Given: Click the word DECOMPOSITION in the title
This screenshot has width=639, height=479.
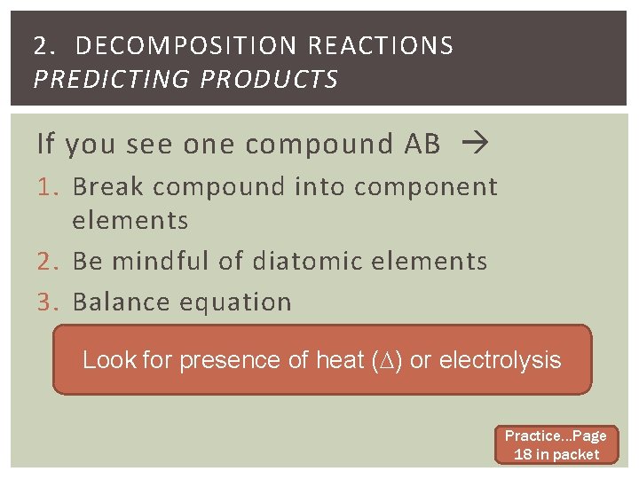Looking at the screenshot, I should click(182, 46).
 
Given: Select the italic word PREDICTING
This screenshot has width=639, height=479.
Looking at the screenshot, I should click(113, 80).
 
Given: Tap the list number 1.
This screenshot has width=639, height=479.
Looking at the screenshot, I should click(48, 187).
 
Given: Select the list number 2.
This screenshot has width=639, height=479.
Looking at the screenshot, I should click(48, 262).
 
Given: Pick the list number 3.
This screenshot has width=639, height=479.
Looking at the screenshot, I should click(48, 302).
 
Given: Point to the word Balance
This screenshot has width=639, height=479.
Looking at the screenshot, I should click(121, 302).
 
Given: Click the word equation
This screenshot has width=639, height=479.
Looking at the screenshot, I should click(235, 302).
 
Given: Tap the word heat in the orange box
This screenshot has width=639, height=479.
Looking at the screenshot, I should click(340, 360).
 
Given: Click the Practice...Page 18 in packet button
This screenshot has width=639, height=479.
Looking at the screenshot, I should click(556, 445).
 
